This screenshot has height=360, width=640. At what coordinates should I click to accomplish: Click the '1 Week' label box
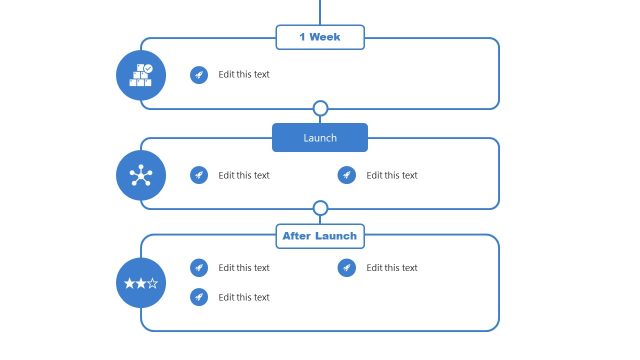click(x=320, y=37)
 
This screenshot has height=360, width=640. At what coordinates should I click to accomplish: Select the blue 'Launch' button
click(x=320, y=138)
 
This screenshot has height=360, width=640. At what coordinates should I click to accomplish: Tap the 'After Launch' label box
click(x=320, y=236)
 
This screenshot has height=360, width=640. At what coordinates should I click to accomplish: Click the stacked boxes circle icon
click(x=141, y=75)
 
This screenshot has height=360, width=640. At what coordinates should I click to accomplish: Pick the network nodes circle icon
click(x=141, y=175)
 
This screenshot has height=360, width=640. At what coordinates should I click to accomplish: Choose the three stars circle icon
click(x=141, y=283)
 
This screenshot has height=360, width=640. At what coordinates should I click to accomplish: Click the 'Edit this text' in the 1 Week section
click(x=244, y=74)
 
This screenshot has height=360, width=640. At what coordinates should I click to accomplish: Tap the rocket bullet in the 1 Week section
click(x=199, y=74)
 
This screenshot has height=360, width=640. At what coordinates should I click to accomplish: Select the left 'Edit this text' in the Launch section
click(x=244, y=175)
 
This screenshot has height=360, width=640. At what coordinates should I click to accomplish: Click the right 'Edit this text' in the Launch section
click(x=392, y=175)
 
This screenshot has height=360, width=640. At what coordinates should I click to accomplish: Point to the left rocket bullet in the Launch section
click(x=199, y=175)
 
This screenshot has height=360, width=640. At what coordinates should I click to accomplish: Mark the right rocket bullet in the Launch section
click(x=347, y=175)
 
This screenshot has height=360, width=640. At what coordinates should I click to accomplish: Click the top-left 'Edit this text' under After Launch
click(x=244, y=268)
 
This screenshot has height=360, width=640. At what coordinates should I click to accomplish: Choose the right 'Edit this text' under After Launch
click(x=392, y=268)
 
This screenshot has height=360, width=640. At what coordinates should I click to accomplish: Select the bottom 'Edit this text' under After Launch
click(x=244, y=297)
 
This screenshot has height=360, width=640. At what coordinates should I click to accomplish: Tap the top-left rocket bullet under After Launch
click(x=199, y=268)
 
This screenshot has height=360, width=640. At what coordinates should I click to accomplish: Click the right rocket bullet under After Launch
click(x=347, y=268)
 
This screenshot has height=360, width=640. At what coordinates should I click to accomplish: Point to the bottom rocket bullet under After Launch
click(x=199, y=297)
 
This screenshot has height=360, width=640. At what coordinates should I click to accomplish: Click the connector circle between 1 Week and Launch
click(x=320, y=108)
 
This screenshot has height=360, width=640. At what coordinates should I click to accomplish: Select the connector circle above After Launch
click(x=320, y=208)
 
